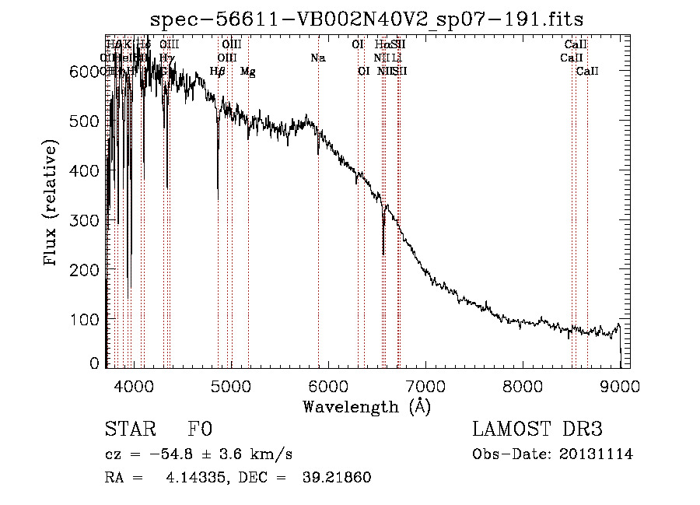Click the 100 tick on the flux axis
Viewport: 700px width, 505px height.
click(x=89, y=319)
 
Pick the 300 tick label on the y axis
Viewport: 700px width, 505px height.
click(x=89, y=220)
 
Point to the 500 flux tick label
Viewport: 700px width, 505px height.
click(x=89, y=121)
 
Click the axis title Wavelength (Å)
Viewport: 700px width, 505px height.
click(x=366, y=407)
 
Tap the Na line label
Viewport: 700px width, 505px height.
click(x=317, y=58)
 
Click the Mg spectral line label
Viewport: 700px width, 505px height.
click(x=247, y=72)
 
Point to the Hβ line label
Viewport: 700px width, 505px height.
click(x=218, y=72)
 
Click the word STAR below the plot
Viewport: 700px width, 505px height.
click(x=130, y=430)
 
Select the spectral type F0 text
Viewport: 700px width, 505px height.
click(x=200, y=430)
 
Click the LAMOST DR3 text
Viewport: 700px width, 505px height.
click(x=537, y=430)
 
